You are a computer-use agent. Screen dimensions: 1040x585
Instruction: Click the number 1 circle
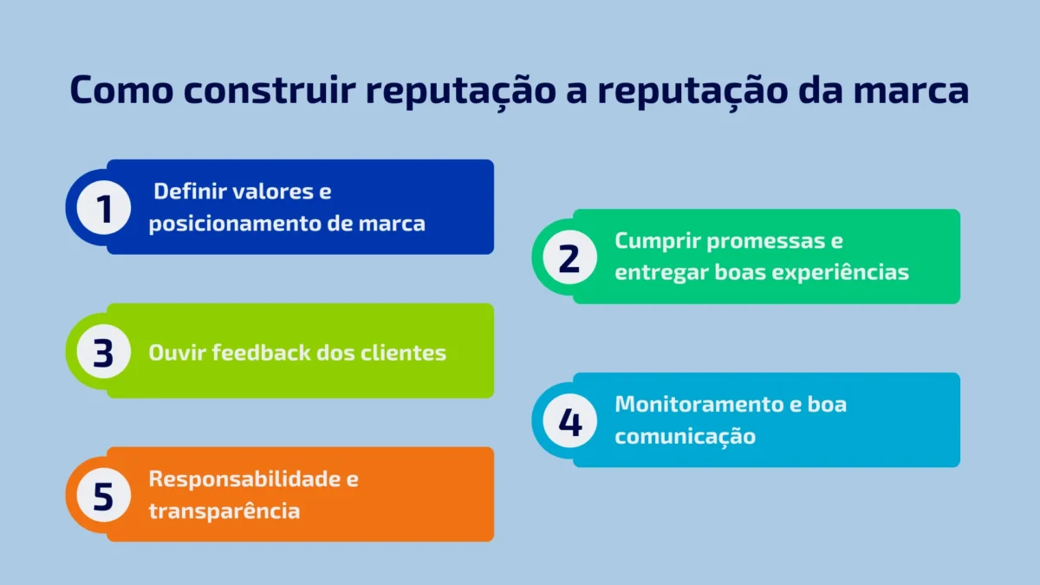103,207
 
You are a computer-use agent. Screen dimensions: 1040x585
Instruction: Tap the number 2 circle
569,257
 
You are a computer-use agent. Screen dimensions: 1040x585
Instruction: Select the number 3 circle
103,352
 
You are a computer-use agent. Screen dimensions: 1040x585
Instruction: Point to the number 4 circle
569,420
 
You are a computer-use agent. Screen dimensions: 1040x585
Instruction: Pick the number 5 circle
103,496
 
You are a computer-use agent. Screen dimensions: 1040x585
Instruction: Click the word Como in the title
121,89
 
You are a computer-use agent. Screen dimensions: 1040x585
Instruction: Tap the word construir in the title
270,89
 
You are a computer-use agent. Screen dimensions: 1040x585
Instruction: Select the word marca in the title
911,89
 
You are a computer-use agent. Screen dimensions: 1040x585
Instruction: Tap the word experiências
840,272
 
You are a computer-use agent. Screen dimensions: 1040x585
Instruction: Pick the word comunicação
685,437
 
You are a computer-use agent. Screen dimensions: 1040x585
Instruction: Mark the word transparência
224,511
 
